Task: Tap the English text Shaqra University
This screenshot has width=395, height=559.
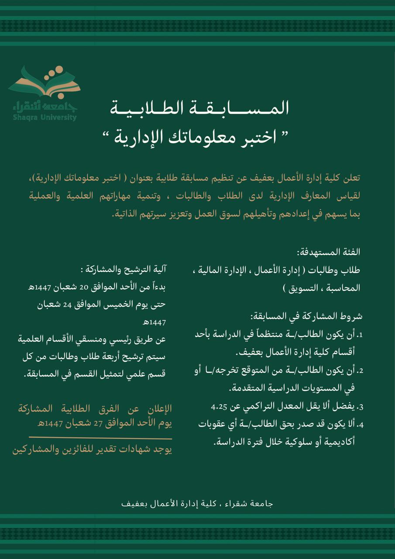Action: (45, 117)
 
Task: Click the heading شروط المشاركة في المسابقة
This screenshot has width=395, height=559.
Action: (306, 316)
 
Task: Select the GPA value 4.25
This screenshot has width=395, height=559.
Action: (219, 407)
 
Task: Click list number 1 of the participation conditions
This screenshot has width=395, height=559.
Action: (361, 335)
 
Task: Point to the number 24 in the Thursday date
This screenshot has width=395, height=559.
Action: (67, 304)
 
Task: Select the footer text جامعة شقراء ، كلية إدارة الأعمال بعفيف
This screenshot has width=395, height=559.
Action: (197, 504)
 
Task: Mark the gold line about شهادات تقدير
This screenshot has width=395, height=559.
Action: (92, 450)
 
